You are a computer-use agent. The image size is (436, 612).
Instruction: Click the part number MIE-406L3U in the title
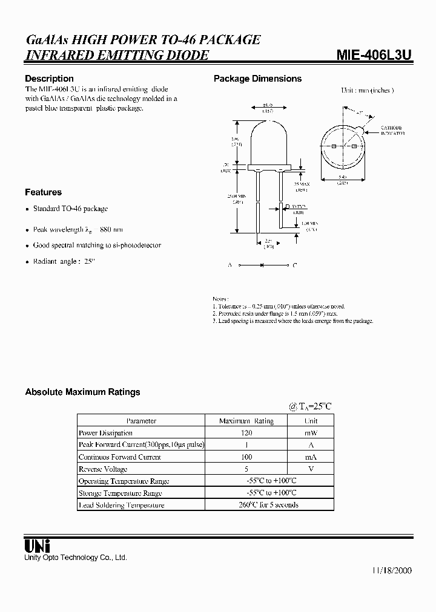(x=374, y=56)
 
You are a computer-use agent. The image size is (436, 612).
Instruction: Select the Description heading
(x=49, y=79)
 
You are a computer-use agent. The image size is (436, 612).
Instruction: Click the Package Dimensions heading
(x=257, y=79)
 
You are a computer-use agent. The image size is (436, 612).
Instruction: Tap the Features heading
(x=43, y=192)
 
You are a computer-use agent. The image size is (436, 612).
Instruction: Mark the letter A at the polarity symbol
(x=230, y=265)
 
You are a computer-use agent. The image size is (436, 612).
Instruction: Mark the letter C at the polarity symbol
(x=294, y=265)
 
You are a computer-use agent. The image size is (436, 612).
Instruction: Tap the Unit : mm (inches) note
(x=367, y=90)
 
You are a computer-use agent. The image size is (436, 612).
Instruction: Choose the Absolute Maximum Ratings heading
(x=82, y=392)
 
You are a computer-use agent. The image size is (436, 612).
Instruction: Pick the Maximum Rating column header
(x=246, y=421)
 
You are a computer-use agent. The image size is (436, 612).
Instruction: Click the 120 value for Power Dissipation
(x=246, y=433)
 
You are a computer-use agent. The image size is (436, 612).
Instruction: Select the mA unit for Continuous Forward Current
(x=310, y=457)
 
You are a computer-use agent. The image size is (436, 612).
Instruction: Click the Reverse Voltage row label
(x=103, y=469)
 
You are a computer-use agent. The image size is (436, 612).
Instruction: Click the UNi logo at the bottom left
(x=37, y=545)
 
